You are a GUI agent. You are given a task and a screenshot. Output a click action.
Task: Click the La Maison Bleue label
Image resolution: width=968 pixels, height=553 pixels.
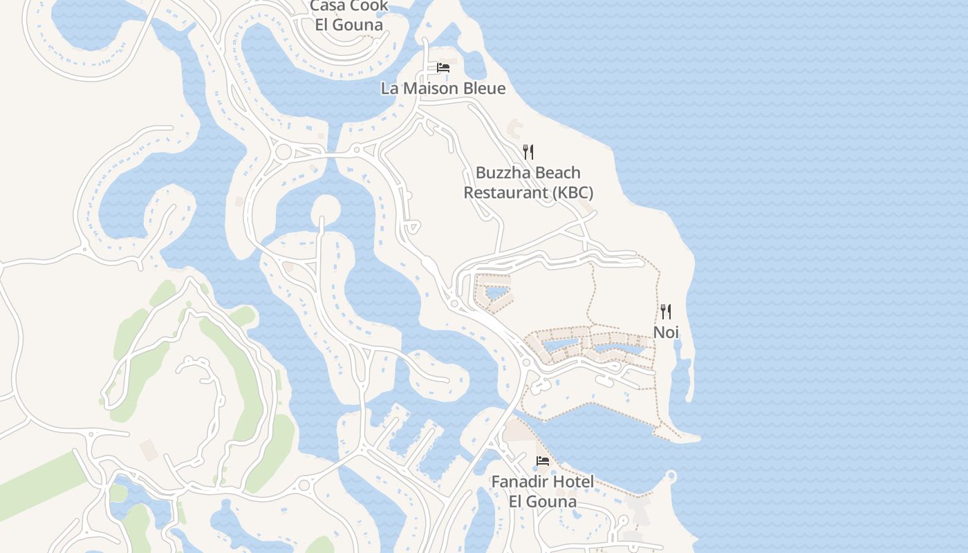pyautogui.click(x=443, y=88)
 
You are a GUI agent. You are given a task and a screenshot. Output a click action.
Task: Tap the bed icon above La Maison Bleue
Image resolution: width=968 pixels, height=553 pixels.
pyautogui.click(x=443, y=68)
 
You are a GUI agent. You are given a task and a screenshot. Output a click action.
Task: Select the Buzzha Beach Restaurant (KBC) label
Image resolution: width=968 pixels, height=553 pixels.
pyautogui.click(x=528, y=182)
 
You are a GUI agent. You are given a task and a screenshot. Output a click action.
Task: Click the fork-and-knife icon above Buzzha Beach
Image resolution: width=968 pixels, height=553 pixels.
pyautogui.click(x=528, y=152)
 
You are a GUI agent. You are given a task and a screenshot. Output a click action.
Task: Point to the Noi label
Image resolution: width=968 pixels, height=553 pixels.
pyautogui.click(x=666, y=332)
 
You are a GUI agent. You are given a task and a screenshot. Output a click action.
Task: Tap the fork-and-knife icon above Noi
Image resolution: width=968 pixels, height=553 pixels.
pyautogui.click(x=666, y=312)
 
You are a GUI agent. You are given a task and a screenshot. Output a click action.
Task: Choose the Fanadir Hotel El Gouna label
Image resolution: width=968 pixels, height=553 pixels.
pyautogui.click(x=543, y=491)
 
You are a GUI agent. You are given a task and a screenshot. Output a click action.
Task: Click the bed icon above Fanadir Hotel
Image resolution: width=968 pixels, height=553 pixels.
pyautogui.click(x=543, y=461)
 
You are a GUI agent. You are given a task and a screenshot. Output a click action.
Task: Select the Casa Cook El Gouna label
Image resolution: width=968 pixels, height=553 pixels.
pyautogui.click(x=349, y=15)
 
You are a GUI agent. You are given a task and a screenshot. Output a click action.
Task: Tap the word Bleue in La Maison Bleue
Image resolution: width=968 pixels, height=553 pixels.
pyautogui.click(x=483, y=88)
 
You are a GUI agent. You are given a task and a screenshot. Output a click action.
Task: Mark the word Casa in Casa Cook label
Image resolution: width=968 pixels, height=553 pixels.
pyautogui.click(x=328, y=6)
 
